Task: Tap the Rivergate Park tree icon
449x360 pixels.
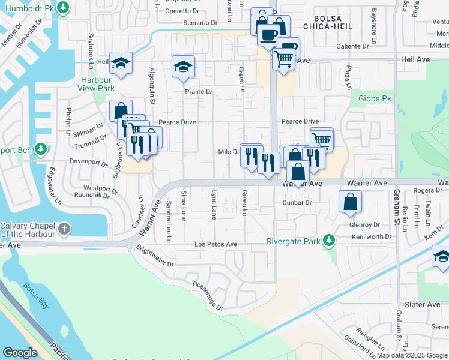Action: (328, 241)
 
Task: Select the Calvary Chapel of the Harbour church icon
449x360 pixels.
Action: (64, 229)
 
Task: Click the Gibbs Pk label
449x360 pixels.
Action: (375, 98)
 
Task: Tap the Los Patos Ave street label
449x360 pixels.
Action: (215, 245)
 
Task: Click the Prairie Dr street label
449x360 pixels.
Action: (199, 92)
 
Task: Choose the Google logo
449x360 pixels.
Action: (20, 353)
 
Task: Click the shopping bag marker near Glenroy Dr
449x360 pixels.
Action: (350, 202)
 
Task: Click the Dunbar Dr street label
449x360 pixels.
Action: (297, 203)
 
